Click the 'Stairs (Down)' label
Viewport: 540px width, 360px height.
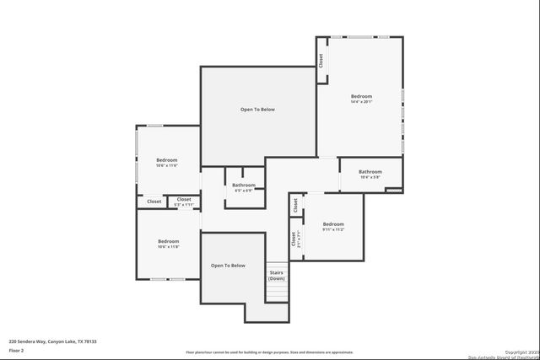(x=276, y=275)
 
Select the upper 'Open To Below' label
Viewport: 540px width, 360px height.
(x=257, y=110)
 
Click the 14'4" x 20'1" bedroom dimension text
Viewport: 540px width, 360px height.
(x=361, y=102)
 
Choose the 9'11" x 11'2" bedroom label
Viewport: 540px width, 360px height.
(x=333, y=228)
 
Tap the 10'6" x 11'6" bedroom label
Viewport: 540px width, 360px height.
(x=167, y=165)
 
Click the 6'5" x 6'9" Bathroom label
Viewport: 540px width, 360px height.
(x=243, y=191)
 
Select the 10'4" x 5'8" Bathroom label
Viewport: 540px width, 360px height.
(x=370, y=177)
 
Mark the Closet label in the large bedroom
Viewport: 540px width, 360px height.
(x=321, y=61)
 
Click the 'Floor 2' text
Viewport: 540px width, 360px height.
(x=18, y=350)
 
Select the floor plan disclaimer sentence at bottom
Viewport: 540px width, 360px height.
(x=269, y=352)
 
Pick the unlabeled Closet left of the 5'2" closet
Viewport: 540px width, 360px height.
(x=154, y=201)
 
